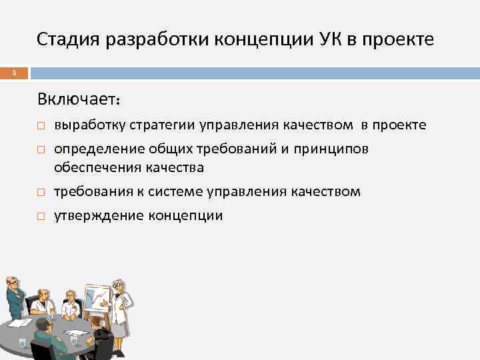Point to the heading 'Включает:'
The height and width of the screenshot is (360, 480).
(79, 100)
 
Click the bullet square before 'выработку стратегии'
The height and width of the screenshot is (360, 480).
(41, 126)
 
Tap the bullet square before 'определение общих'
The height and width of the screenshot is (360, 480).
(41, 149)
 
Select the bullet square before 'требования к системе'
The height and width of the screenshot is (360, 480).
(41, 193)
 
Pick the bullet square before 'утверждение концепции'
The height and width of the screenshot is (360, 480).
(41, 217)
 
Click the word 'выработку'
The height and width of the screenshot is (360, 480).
(91, 125)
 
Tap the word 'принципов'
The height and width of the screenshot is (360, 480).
(337, 149)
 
